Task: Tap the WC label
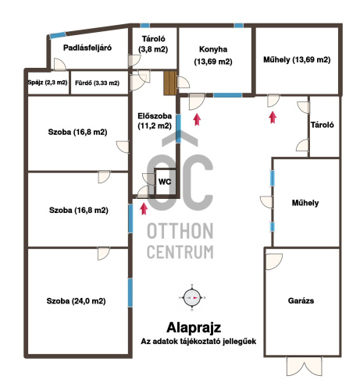[165, 182]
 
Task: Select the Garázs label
[301, 301]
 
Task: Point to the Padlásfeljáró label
[87, 48]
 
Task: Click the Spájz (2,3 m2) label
[48, 83]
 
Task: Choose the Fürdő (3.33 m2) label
[97, 83]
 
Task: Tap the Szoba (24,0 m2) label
[76, 301]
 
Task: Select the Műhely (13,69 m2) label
[297, 60]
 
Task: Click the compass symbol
[192, 298]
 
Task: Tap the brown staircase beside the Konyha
[170, 83]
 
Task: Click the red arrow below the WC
[144, 209]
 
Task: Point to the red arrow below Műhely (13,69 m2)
[273, 117]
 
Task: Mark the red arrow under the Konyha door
[197, 119]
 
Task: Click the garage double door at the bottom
[304, 366]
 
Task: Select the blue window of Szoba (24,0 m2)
[130, 292]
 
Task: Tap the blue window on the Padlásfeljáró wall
[58, 35]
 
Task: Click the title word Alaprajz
[194, 328]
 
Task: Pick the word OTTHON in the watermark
[180, 231]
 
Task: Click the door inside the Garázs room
[274, 261]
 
